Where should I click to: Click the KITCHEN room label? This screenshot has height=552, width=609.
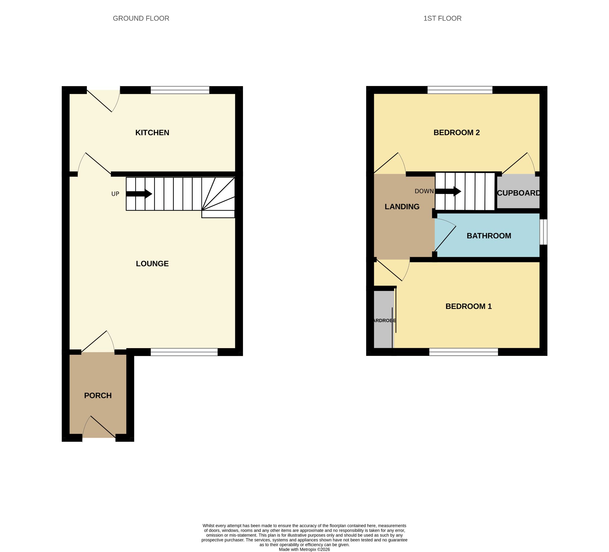click(152, 132)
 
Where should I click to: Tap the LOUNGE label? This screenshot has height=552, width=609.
click(152, 264)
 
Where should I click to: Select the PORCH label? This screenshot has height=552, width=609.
click(98, 395)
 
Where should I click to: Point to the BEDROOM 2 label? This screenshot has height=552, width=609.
click(456, 132)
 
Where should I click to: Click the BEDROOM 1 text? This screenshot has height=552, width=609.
click(469, 306)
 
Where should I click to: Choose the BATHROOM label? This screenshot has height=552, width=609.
click(489, 236)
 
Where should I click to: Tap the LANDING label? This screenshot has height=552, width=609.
click(402, 207)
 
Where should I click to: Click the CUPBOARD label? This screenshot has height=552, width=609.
click(518, 193)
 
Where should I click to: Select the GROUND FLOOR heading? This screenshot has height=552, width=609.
click(141, 18)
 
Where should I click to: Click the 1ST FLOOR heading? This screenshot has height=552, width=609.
click(442, 18)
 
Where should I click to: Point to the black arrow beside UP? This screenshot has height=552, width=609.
click(139, 194)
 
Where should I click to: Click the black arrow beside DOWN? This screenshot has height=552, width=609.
click(448, 191)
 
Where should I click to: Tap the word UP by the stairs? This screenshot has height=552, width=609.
click(115, 194)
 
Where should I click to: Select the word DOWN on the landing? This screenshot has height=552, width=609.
click(424, 191)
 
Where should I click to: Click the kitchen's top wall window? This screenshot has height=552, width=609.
click(180, 90)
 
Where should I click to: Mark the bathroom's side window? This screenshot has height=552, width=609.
click(544, 232)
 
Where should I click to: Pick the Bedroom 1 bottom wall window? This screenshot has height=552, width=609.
click(463, 352)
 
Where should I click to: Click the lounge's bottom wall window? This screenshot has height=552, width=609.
click(184, 352)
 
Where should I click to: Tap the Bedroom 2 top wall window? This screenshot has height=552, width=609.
click(460, 90)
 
